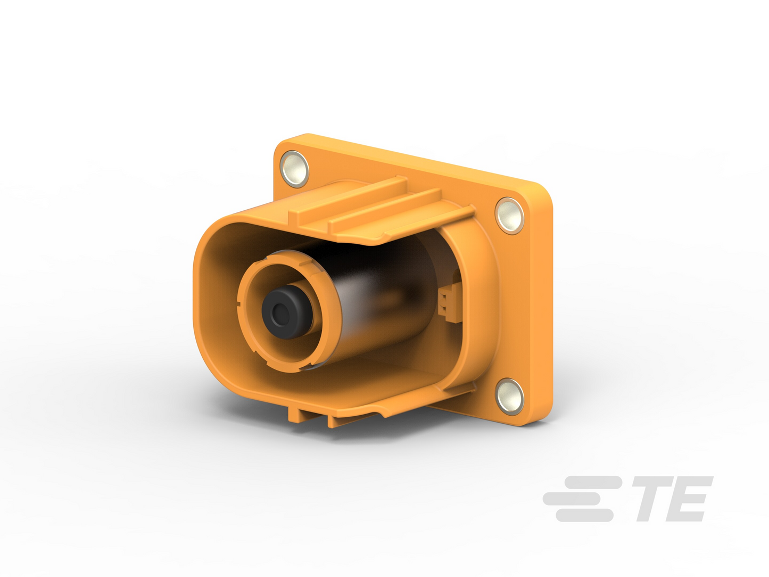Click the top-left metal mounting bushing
[294, 169]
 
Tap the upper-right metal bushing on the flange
[509, 216]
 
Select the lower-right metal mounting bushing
[510, 397]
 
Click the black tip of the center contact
[287, 312]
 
